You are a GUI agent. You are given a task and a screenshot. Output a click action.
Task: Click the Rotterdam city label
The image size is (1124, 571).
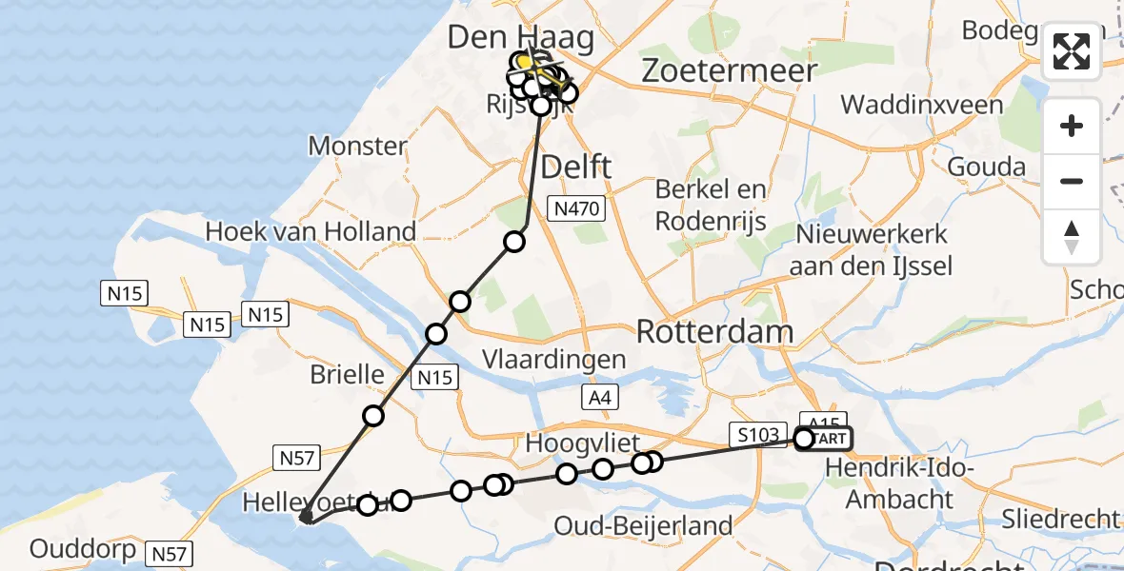click(714, 332)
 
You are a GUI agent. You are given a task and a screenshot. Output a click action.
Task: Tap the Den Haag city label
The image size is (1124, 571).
click(521, 38)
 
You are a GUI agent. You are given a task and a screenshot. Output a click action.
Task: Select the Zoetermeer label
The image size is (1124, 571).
click(730, 70)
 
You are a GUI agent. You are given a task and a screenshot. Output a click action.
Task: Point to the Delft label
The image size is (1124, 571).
click(576, 167)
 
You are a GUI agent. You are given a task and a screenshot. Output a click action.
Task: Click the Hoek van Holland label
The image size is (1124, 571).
click(311, 231)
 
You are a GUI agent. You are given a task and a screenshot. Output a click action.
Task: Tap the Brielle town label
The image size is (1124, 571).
click(347, 374)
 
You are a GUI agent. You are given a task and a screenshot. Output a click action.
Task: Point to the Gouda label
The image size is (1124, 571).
click(987, 167)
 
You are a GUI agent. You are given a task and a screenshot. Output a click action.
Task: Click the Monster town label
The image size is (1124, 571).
click(358, 147)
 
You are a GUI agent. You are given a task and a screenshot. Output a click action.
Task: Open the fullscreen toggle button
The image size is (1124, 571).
click(1072, 51)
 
